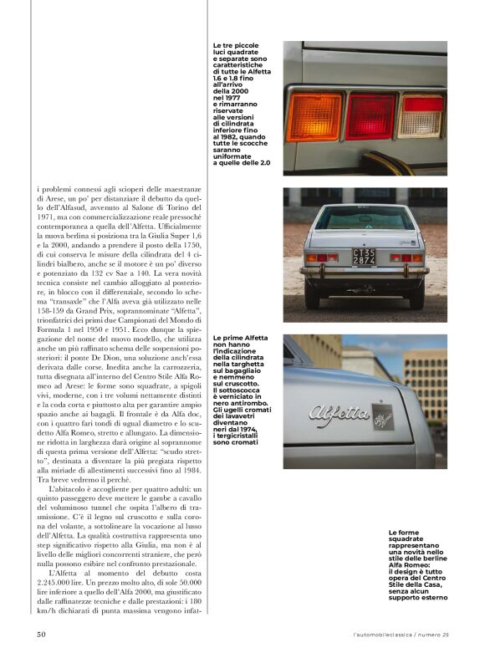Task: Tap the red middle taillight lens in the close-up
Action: tap(371, 116)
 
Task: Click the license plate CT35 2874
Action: tap(363, 257)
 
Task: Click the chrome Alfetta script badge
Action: tap(339, 413)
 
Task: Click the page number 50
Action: tap(41, 635)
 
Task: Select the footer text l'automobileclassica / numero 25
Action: tap(401, 635)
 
